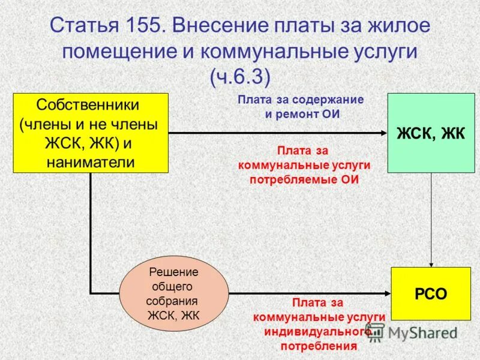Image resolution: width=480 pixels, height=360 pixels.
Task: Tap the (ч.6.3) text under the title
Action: click(239, 76)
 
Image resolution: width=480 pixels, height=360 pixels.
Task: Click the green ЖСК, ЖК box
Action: click(430, 133)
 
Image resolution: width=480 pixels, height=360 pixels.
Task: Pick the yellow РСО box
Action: click(430, 294)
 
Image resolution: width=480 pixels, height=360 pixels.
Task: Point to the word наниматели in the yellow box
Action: click(90, 162)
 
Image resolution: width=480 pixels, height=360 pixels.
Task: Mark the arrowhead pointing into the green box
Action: click(383, 133)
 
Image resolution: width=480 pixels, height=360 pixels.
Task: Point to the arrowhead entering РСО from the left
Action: click(387, 293)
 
